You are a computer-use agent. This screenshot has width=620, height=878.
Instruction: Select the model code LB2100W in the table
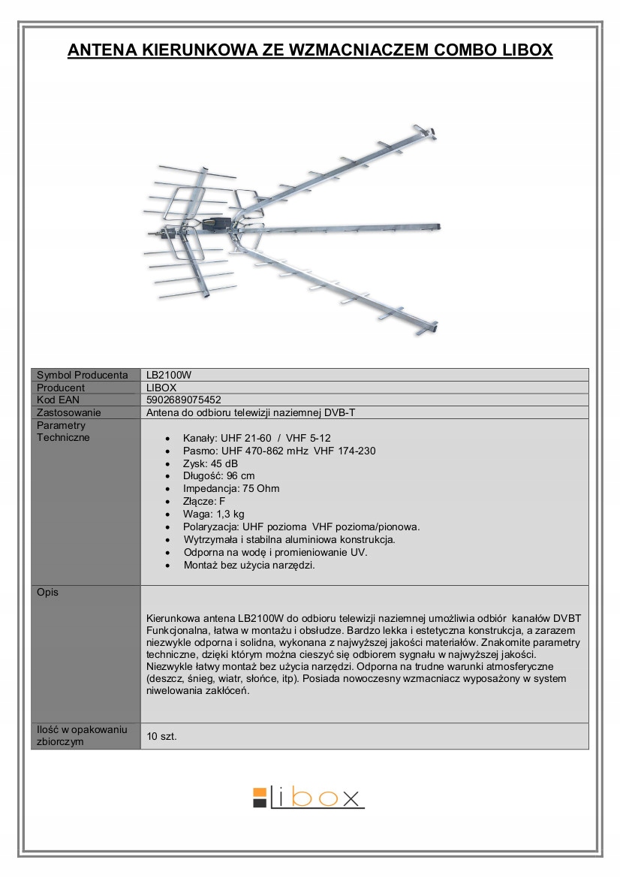164,375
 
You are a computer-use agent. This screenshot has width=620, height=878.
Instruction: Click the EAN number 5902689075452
183,400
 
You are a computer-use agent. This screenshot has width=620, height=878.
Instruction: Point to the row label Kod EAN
58,400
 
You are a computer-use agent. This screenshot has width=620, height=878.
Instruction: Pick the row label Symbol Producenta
83,375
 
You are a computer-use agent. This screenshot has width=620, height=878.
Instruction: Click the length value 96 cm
240,476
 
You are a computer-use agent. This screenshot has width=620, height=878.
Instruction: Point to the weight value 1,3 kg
230,514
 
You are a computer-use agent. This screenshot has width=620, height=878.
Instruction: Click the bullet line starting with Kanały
257,438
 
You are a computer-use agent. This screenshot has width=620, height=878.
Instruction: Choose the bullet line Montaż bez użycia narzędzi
249,566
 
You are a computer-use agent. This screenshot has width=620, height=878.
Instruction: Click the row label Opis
47,592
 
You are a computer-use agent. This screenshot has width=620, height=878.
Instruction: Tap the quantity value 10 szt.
162,737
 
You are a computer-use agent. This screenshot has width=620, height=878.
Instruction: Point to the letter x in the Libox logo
351,798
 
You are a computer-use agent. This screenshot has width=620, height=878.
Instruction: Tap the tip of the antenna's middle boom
437,226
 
